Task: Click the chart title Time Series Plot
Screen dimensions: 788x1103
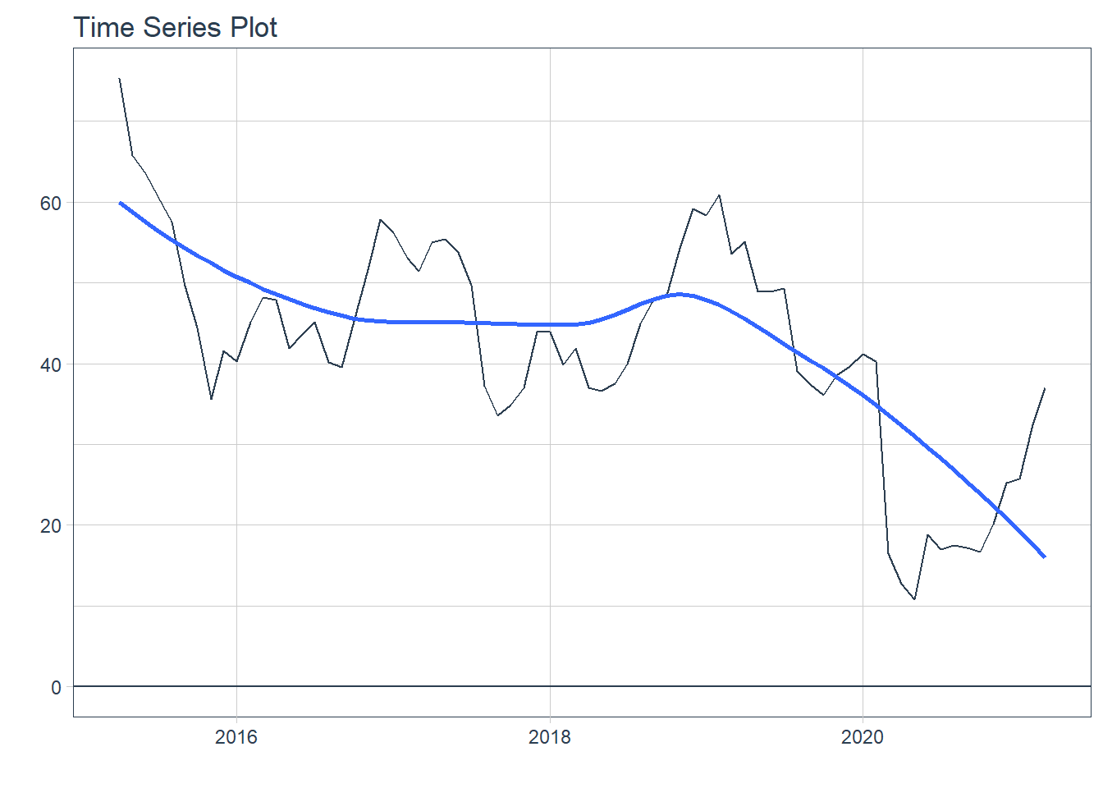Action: [x=175, y=27]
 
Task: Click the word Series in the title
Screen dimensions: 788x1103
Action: [x=181, y=27]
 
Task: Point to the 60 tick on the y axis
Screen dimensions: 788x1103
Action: [x=51, y=203]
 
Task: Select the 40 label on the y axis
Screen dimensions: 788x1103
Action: [x=51, y=364]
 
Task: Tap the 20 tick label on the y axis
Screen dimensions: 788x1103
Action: [x=51, y=525]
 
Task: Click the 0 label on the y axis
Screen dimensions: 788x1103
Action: [x=56, y=687]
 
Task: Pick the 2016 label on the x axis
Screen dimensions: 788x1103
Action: [x=236, y=737]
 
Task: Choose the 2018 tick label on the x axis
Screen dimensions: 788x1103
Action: [x=550, y=737]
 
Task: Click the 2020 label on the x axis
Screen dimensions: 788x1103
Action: [x=863, y=737]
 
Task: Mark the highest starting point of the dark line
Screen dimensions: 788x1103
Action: [x=120, y=79]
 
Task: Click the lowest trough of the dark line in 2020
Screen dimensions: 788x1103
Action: [x=914, y=599]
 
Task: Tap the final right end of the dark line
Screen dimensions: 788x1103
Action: [x=1044, y=388]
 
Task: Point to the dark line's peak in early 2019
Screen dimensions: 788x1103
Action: [x=719, y=195]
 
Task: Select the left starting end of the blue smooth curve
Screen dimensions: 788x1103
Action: [x=121, y=203]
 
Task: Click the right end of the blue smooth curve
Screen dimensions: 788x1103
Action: [x=1044, y=557]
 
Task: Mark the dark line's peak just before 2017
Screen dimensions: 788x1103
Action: [x=381, y=220]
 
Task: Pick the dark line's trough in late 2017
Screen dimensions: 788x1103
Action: [x=498, y=415]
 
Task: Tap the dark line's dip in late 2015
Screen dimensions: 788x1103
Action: [x=211, y=399]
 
